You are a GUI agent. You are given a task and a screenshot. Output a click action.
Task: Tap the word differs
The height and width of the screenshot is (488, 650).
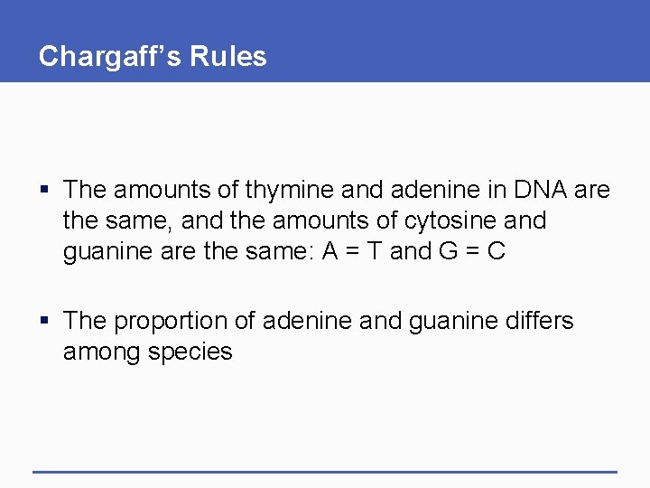[537, 321]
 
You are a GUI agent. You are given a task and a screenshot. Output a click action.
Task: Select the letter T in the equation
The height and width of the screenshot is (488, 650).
[373, 251]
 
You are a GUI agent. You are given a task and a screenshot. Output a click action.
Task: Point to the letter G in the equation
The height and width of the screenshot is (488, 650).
[449, 251]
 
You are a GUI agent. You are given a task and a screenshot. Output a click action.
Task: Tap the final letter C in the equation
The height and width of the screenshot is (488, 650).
[496, 251]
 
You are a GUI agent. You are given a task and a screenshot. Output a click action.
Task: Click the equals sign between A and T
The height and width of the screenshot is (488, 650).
[350, 251]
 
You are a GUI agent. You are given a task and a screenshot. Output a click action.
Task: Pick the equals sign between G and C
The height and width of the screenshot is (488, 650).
[472, 251]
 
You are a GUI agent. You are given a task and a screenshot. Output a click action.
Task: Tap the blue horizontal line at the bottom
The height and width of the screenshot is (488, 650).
[325, 472]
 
